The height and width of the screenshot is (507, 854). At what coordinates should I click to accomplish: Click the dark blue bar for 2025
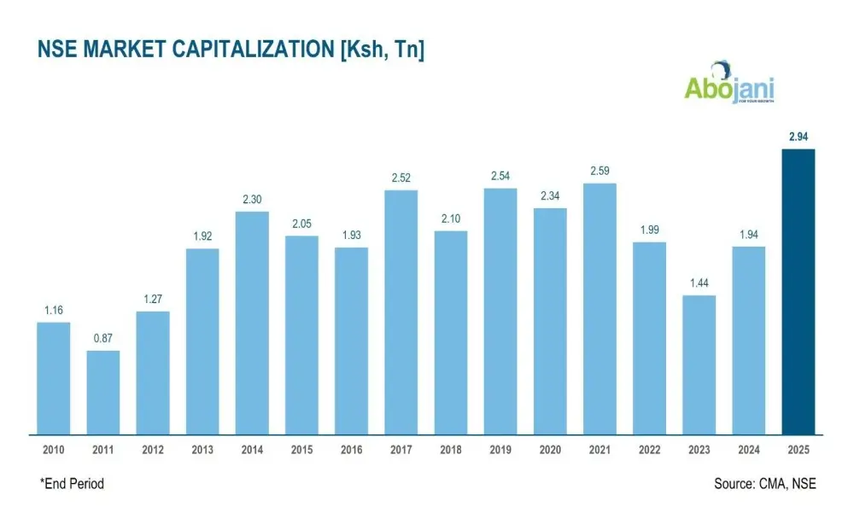click(798, 291)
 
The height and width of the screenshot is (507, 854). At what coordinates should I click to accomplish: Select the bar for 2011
click(102, 392)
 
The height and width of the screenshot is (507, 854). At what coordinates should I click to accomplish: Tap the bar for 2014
click(252, 322)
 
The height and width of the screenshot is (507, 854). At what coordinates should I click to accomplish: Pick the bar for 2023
click(699, 364)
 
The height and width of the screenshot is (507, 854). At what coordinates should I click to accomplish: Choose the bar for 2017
click(401, 312)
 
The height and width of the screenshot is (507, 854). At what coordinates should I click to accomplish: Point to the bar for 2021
click(600, 308)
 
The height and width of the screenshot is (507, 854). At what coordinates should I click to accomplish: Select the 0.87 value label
click(102, 338)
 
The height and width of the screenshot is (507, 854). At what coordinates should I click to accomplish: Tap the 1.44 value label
click(699, 283)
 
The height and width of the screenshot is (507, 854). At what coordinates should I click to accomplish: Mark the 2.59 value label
click(600, 171)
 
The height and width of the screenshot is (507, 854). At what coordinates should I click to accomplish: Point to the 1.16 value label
click(53, 310)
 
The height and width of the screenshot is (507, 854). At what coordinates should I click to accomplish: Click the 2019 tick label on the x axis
click(500, 450)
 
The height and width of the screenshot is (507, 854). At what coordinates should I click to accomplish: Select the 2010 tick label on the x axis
click(53, 450)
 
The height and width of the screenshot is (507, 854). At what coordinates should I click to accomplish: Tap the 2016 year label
click(351, 450)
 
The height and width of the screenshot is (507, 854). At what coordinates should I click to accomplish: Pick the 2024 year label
click(749, 450)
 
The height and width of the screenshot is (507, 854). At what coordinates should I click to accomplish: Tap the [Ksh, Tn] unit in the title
click(382, 50)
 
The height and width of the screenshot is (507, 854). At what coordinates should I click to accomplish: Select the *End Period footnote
click(72, 484)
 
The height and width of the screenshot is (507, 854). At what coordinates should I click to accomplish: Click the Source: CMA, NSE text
click(764, 484)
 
